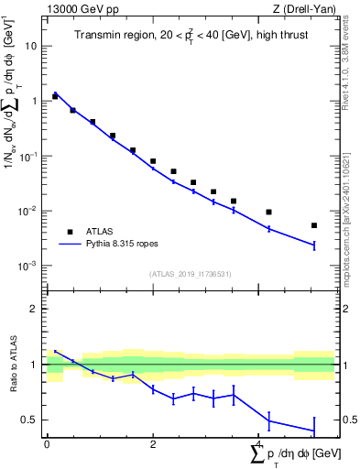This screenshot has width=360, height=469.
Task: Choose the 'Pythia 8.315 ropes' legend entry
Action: click(125, 245)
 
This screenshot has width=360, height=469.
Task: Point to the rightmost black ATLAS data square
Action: click(314, 225)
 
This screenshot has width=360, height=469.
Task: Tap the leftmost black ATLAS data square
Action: click(55, 96)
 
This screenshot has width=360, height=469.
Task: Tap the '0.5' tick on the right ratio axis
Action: click(346, 420)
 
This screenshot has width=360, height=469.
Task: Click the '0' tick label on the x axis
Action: click(47, 444)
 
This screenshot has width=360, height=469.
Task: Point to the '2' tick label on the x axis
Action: click(153, 444)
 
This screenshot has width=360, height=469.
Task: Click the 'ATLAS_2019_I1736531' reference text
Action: click(190, 274)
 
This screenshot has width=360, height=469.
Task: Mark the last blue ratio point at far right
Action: click(314, 431)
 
